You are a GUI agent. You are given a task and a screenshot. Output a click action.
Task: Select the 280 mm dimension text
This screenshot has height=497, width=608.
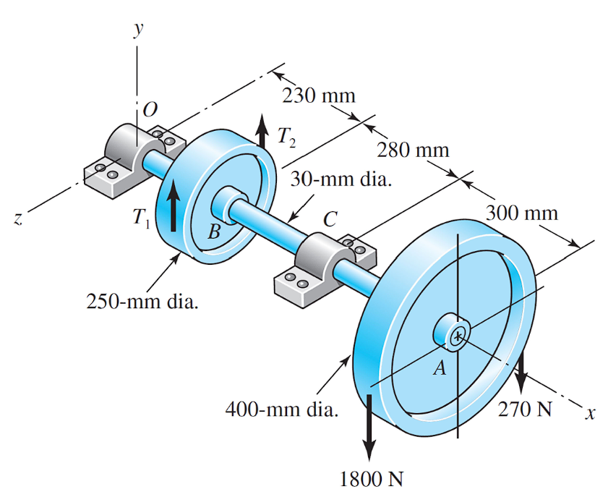[x=413, y=150]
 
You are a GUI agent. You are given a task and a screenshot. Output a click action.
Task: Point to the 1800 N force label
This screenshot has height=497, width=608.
[x=371, y=478]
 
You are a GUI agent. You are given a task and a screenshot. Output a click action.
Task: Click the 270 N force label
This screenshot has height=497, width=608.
[x=525, y=409]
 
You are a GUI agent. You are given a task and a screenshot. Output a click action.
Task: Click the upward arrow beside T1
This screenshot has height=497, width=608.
[x=171, y=207]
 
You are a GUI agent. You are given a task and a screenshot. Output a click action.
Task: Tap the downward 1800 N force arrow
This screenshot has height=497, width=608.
[x=369, y=427]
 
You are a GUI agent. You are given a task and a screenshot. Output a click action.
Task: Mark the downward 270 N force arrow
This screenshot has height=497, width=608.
[x=521, y=369]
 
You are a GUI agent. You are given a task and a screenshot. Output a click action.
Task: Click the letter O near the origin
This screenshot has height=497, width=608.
[x=150, y=110]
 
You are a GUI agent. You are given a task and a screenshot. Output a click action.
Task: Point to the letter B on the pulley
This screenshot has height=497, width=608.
[x=213, y=232]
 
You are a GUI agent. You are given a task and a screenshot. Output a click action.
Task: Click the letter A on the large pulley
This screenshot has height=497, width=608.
[x=439, y=369]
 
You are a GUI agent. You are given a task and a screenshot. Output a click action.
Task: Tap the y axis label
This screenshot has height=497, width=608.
[x=136, y=28]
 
